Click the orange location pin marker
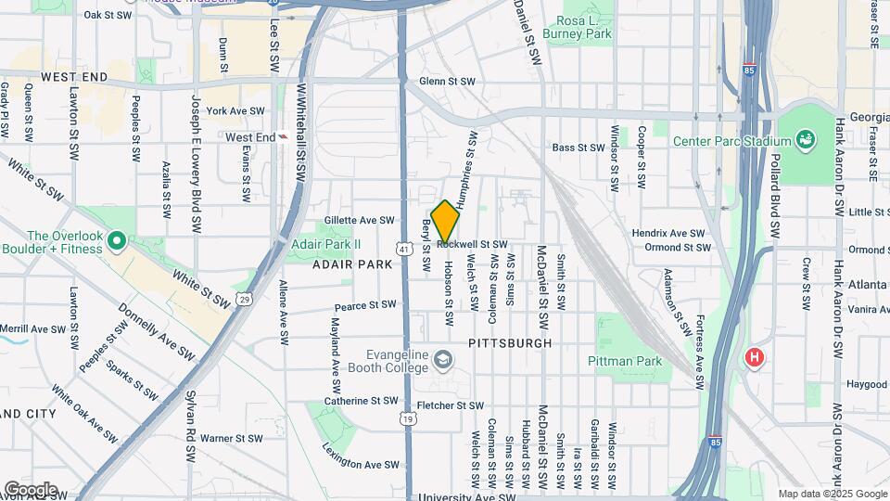[445, 220]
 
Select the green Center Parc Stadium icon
[805, 141]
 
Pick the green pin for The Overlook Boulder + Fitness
[116, 242]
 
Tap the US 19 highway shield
[408, 419]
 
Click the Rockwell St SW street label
[472, 244]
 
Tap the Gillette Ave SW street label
[360, 221]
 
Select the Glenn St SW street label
[447, 82]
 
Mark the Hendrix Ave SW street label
[668, 233]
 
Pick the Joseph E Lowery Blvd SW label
[196, 162]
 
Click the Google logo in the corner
[30, 489]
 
